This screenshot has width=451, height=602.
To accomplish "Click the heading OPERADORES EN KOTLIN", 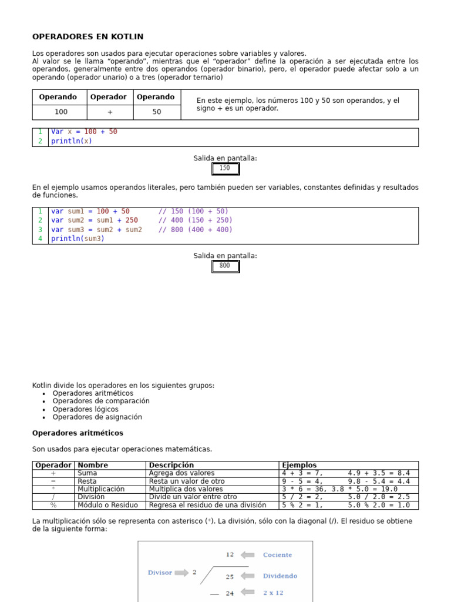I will point(87,36).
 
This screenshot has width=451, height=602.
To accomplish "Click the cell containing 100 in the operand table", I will point(61,112).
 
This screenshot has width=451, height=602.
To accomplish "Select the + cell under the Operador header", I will point(110,112).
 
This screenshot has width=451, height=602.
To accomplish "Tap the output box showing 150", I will point(225,169).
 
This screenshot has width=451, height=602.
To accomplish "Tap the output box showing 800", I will point(225,266).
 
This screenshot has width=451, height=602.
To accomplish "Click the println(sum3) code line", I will point(78,239).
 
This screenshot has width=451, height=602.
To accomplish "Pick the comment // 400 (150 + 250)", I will point(195,220).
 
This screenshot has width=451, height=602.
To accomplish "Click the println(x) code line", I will point(71,141).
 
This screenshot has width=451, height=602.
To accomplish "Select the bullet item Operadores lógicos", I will point(85,409).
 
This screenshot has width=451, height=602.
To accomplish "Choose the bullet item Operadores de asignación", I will point(97,417).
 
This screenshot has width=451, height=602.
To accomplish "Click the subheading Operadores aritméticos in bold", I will point(78,433).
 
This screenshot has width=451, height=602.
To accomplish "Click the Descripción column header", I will point(171,465).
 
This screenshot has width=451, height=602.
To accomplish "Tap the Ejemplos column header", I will point(299,465).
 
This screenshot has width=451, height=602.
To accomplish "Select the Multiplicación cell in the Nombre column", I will point(101,489).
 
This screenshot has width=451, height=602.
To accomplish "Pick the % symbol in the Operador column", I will point(53,505).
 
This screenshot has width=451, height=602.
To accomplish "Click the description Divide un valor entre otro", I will point(193,497).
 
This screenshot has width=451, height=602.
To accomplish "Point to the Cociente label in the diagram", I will point(277,555).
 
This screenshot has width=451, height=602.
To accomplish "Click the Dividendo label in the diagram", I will point(280,576).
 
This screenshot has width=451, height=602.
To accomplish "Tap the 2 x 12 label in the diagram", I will point(273,593).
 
